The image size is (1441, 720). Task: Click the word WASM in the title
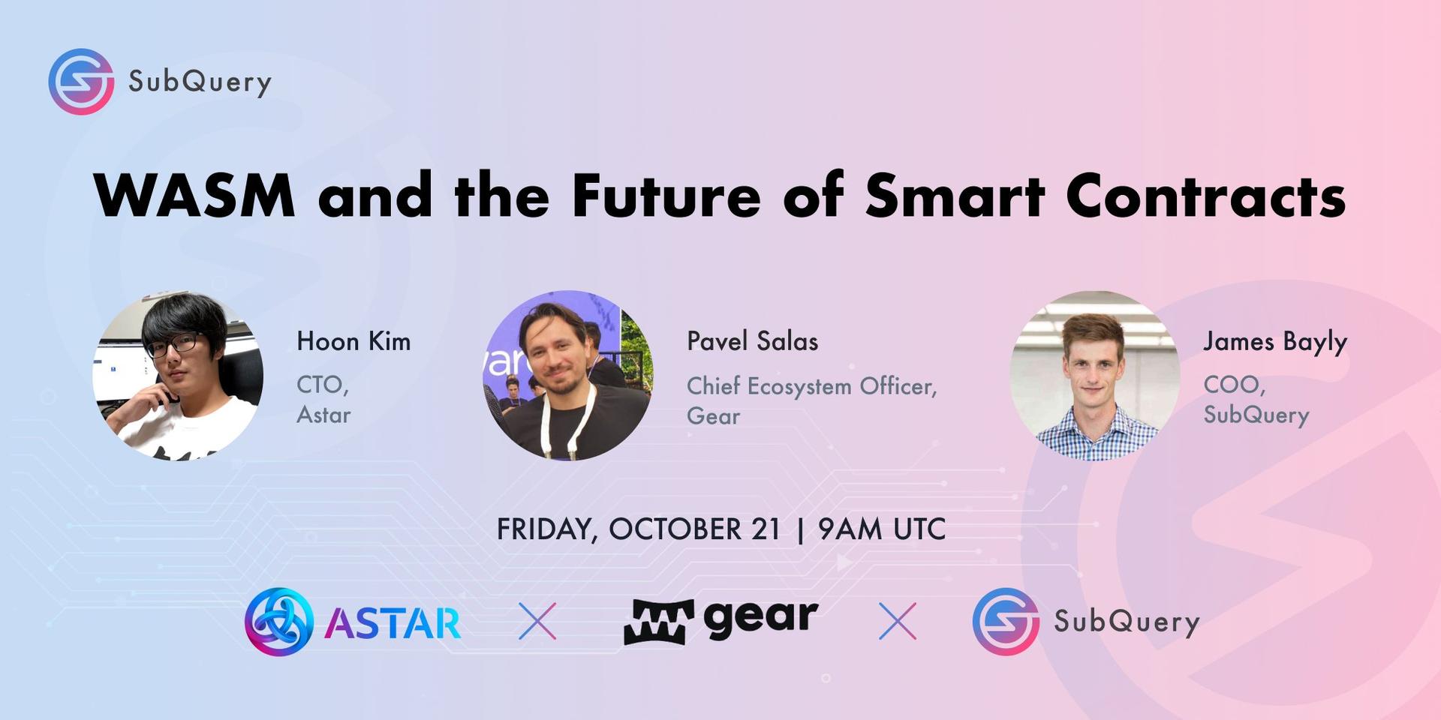(x=195, y=195)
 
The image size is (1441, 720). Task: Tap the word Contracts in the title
(x=1206, y=195)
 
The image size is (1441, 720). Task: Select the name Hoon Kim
(x=353, y=341)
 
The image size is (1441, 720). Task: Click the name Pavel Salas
(x=752, y=341)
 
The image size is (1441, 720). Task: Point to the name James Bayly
(x=1275, y=343)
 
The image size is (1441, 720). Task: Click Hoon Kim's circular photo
(x=178, y=376)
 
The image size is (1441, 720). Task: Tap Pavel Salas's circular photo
(x=567, y=376)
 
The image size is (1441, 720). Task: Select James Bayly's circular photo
(x=1094, y=376)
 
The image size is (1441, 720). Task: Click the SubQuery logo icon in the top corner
(x=81, y=82)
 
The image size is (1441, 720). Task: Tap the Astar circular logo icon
(x=278, y=621)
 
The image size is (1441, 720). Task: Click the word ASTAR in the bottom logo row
(x=393, y=622)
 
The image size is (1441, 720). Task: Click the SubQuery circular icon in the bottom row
(x=1006, y=621)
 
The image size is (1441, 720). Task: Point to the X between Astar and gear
(x=537, y=621)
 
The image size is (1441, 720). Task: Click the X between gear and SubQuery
(x=898, y=621)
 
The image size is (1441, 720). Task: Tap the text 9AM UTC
(x=882, y=529)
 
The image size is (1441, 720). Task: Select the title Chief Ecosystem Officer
(x=812, y=386)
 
